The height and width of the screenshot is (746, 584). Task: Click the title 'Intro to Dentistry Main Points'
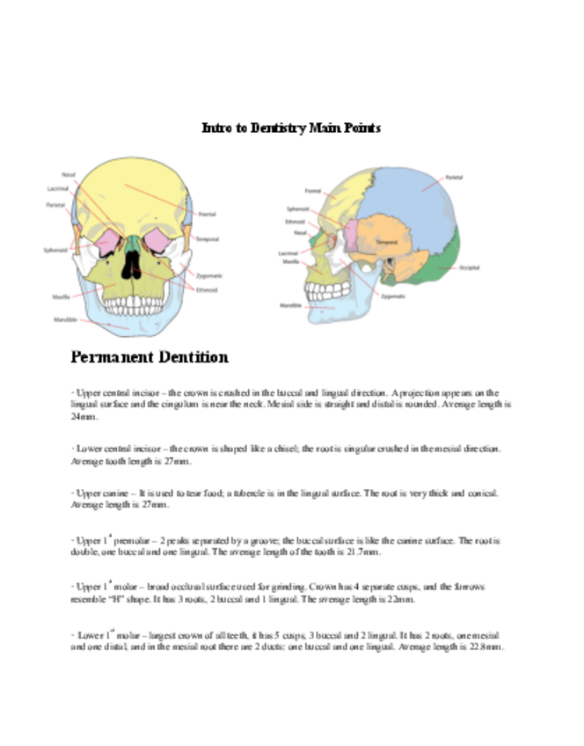point(291,128)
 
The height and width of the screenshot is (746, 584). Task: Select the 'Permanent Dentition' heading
point(150,357)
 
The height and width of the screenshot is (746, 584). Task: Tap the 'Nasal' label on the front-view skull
point(68,174)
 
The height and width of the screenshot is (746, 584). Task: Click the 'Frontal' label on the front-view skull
point(208,214)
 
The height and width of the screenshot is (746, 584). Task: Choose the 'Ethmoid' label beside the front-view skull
point(208,289)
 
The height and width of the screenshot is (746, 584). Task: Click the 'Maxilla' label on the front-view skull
point(62,296)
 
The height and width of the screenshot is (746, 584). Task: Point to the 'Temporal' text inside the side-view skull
point(387,240)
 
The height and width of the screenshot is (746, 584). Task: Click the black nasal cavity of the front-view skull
point(131,263)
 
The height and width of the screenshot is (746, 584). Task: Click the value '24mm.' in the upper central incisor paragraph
point(82,418)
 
